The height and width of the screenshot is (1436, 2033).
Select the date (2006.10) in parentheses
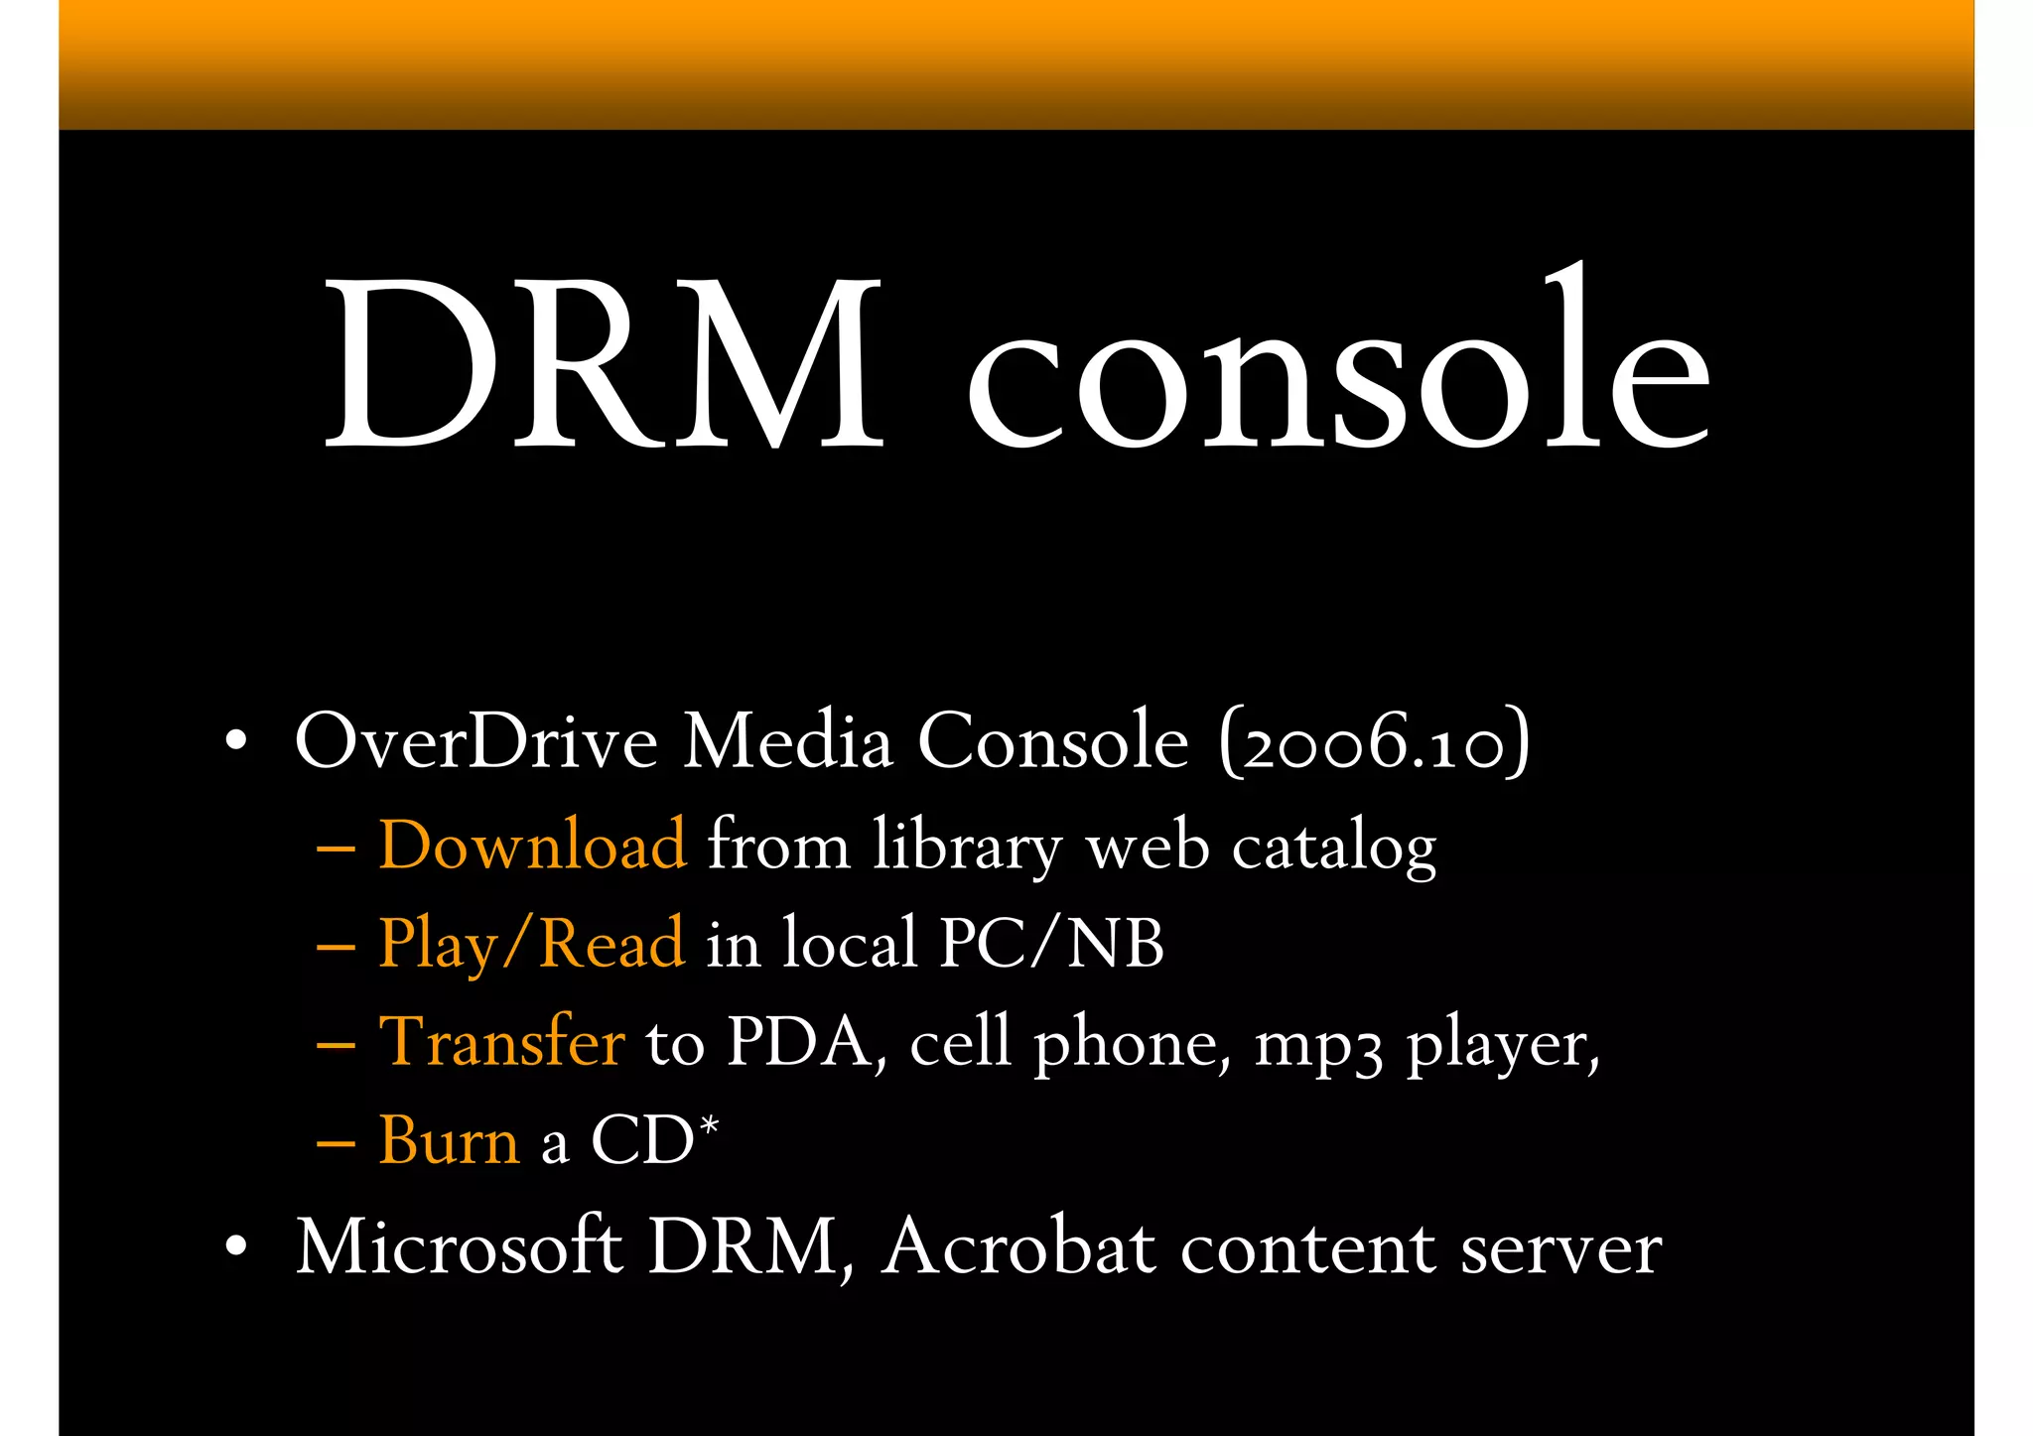pyautogui.click(x=1375, y=741)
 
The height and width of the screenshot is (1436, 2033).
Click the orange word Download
pyautogui.click(x=532, y=846)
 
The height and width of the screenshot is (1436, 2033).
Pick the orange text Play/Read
pyautogui.click(x=532, y=943)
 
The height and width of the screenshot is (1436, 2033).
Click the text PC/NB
pyautogui.click(x=1051, y=943)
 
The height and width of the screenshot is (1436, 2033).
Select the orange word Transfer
pyautogui.click(x=502, y=1042)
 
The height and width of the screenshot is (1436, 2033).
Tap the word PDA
pyautogui.click(x=798, y=1042)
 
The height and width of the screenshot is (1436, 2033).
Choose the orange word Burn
pyautogui.click(x=450, y=1140)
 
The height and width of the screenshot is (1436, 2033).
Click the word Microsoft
pyautogui.click(x=460, y=1246)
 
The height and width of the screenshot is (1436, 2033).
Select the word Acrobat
pyautogui.click(x=1018, y=1246)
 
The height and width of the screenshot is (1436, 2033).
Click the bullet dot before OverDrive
pyautogui.click(x=235, y=740)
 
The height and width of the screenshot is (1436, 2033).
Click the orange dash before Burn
pyautogui.click(x=336, y=1143)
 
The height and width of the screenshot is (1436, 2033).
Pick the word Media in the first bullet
pyautogui.click(x=787, y=741)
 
